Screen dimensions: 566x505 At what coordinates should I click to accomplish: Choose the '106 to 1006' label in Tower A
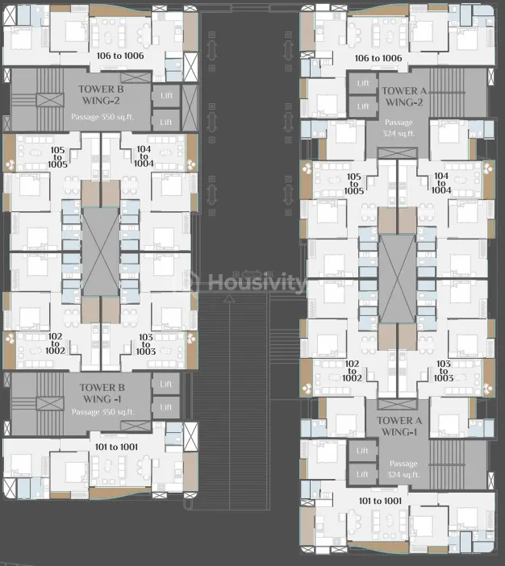378,58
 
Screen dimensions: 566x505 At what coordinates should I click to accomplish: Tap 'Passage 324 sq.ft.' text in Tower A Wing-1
403,469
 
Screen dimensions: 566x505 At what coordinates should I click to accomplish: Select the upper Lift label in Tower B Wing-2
166,95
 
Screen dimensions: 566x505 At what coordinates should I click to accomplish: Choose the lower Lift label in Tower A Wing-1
362,474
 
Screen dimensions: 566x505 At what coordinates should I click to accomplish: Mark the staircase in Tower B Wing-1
39,401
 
